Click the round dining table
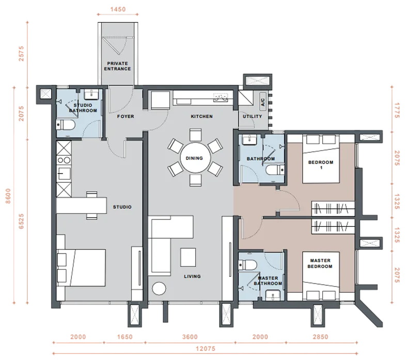pos(195,158)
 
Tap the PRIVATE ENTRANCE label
pos(117,66)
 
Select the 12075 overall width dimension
pos(206,349)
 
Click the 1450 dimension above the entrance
pos(118,9)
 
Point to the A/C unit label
pos(263,102)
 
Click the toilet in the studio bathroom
pos(66,125)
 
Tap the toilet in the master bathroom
pos(247,265)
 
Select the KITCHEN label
pos(201,117)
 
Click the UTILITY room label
pos(252,117)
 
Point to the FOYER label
pos(126,117)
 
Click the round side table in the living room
pos(159,289)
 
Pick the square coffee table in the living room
pos(188,257)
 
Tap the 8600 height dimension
pos(8,196)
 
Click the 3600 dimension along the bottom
pos(190,337)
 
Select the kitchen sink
pos(221,97)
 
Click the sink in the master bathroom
pos(273,295)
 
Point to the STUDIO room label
pos(122,207)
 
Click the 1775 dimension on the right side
pos(397,111)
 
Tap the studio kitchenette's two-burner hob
pos(64,161)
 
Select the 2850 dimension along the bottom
pos(321,337)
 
